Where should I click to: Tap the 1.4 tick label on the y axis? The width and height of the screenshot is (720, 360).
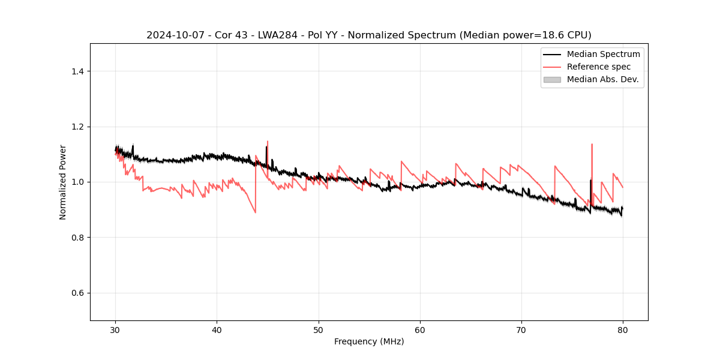point(77,71)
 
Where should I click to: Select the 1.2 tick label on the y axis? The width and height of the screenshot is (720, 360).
point(77,127)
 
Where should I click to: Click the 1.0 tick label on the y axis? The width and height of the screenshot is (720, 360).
point(77,182)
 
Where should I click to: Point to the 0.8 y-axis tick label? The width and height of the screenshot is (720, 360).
point(77,238)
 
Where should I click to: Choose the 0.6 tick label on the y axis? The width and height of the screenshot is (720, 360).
point(77,293)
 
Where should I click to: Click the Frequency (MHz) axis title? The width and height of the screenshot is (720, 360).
point(369,341)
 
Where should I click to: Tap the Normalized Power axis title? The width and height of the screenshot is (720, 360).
point(63,182)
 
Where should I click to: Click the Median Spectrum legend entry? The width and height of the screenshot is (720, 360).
point(603,54)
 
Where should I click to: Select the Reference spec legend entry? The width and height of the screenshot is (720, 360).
point(599,67)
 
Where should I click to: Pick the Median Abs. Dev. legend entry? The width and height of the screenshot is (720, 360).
point(602,79)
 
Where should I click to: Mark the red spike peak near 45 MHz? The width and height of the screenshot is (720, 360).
point(268,142)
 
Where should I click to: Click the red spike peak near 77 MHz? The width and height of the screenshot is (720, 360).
point(592,144)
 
